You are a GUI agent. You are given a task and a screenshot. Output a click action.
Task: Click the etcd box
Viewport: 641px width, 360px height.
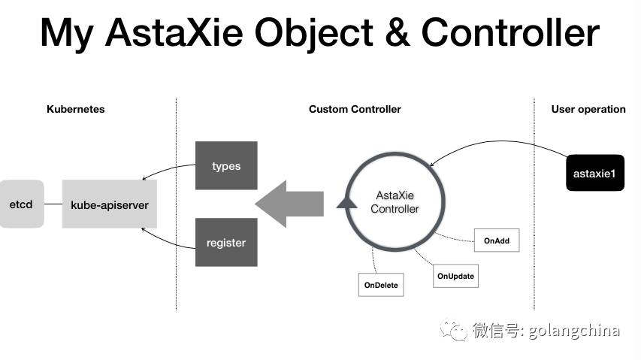[x=21, y=204]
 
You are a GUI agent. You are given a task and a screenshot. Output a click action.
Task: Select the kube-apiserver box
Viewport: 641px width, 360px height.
[x=109, y=204]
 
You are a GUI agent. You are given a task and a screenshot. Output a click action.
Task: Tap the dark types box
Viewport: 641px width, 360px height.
[x=226, y=165]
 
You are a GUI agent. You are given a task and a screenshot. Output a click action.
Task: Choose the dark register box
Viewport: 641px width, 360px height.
[x=226, y=242]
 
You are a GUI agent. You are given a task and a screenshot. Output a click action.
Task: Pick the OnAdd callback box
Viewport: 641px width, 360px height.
[x=496, y=241]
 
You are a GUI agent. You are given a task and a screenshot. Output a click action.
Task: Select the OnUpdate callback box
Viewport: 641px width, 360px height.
[x=455, y=276]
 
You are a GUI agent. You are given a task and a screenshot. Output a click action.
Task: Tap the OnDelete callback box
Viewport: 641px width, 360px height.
[x=382, y=285]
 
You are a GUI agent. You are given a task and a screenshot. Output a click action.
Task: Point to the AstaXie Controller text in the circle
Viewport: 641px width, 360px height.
[x=395, y=201]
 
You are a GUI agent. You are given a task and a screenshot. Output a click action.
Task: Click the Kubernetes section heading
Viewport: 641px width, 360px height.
[x=75, y=109]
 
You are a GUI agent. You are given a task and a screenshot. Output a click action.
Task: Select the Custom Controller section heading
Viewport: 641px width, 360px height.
[x=355, y=109]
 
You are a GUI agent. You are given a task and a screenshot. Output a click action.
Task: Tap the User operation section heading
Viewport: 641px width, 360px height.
[x=588, y=109]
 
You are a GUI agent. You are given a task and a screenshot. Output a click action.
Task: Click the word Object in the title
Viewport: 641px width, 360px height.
[x=323, y=33]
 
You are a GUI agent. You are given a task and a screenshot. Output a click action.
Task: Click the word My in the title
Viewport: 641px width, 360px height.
[x=68, y=35]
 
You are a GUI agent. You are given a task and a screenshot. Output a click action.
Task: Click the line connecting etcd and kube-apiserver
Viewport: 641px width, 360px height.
[x=53, y=204]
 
